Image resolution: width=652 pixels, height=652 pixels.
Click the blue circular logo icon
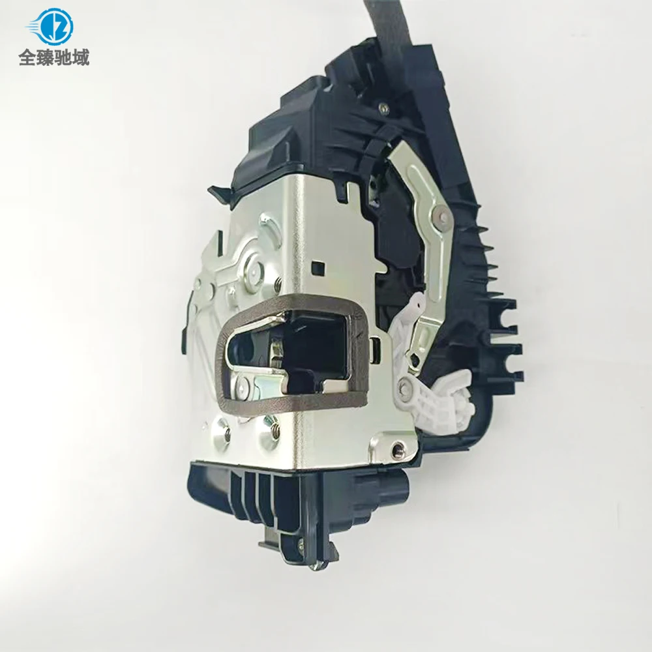53,26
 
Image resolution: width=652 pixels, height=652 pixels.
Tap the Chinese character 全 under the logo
27,57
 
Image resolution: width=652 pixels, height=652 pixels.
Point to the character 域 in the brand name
80,57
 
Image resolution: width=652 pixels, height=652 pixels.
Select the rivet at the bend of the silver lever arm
440,214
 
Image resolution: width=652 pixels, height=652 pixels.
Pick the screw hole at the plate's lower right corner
396,449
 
